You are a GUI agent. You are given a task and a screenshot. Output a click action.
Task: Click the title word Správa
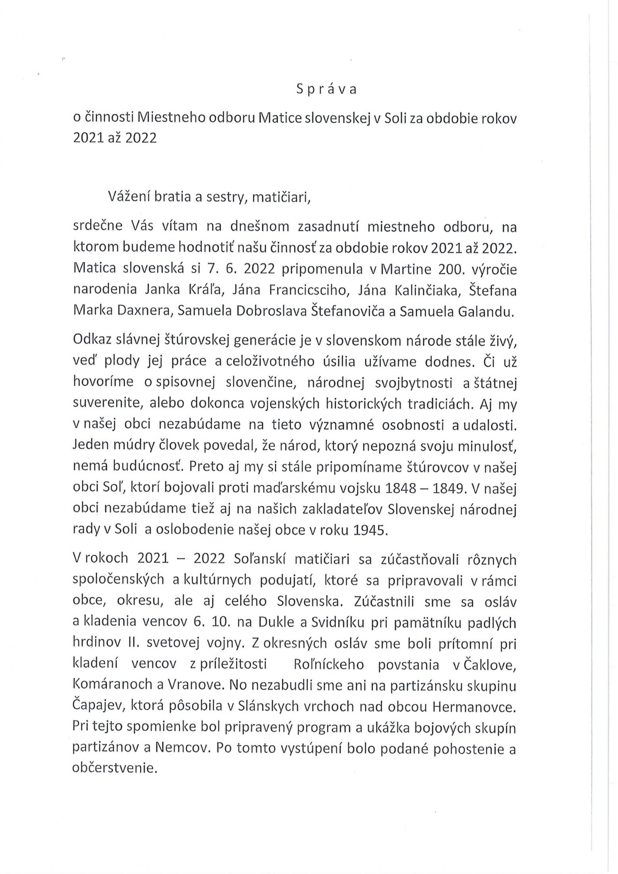pyautogui.click(x=326, y=90)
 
